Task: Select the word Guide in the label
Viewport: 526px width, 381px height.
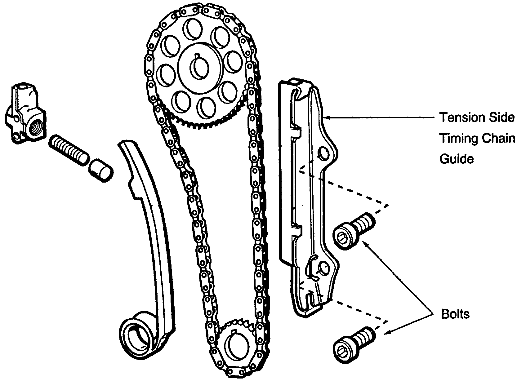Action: pos(457,159)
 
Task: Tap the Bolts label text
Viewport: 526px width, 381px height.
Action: pos(455,314)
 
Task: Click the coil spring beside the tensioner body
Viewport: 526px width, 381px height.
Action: pos(68,150)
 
